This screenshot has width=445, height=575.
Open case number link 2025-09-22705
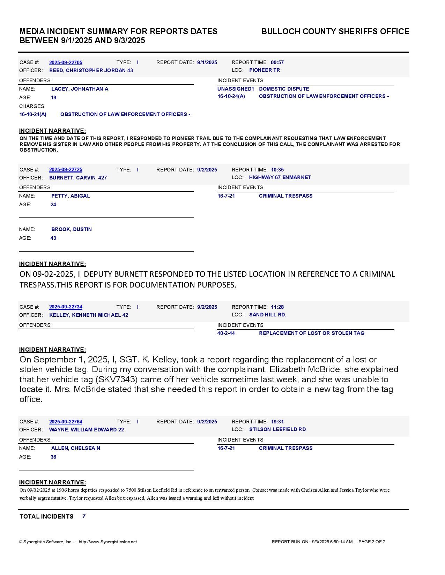[x=66, y=62]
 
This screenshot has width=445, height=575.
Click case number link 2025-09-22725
[x=66, y=170]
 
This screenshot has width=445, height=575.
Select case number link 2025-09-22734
[x=66, y=307]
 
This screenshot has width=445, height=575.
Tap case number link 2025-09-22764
[x=66, y=422]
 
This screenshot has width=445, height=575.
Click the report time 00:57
[x=277, y=62]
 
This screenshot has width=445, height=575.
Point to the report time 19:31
[x=277, y=422]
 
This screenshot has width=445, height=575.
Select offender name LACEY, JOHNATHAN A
[x=80, y=89]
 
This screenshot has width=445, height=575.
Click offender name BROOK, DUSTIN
[x=72, y=229]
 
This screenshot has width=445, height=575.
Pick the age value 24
[x=53, y=205]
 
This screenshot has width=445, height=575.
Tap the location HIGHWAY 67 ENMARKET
[x=280, y=177]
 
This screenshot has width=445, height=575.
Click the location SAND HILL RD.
[x=268, y=315]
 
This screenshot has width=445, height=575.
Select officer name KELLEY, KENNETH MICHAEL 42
[x=89, y=315]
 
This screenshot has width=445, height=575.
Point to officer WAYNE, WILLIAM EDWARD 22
[x=87, y=430]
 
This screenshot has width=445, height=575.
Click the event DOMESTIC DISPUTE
[x=284, y=89]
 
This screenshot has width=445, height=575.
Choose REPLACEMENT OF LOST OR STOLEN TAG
[x=311, y=333]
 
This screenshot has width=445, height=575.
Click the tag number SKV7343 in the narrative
[x=121, y=379]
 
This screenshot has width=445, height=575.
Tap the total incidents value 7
[x=84, y=516]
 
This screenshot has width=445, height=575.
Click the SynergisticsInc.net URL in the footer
[x=108, y=542]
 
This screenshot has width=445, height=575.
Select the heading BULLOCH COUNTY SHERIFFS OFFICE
[x=335, y=31]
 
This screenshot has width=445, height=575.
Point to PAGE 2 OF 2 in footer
[x=372, y=542]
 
